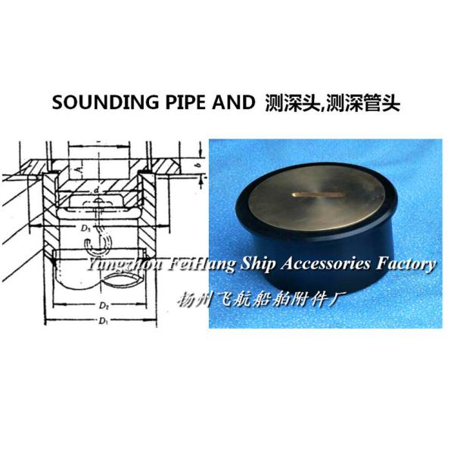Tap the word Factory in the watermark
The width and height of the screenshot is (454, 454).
406,263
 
